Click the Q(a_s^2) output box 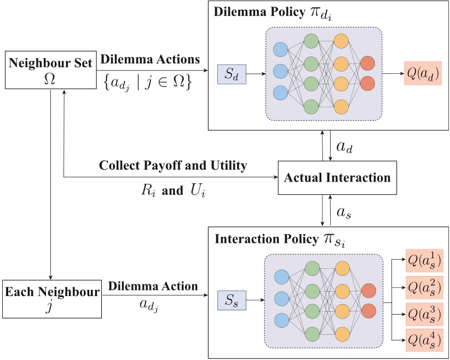coord(423,286)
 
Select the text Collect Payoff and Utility coord(174,165)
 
